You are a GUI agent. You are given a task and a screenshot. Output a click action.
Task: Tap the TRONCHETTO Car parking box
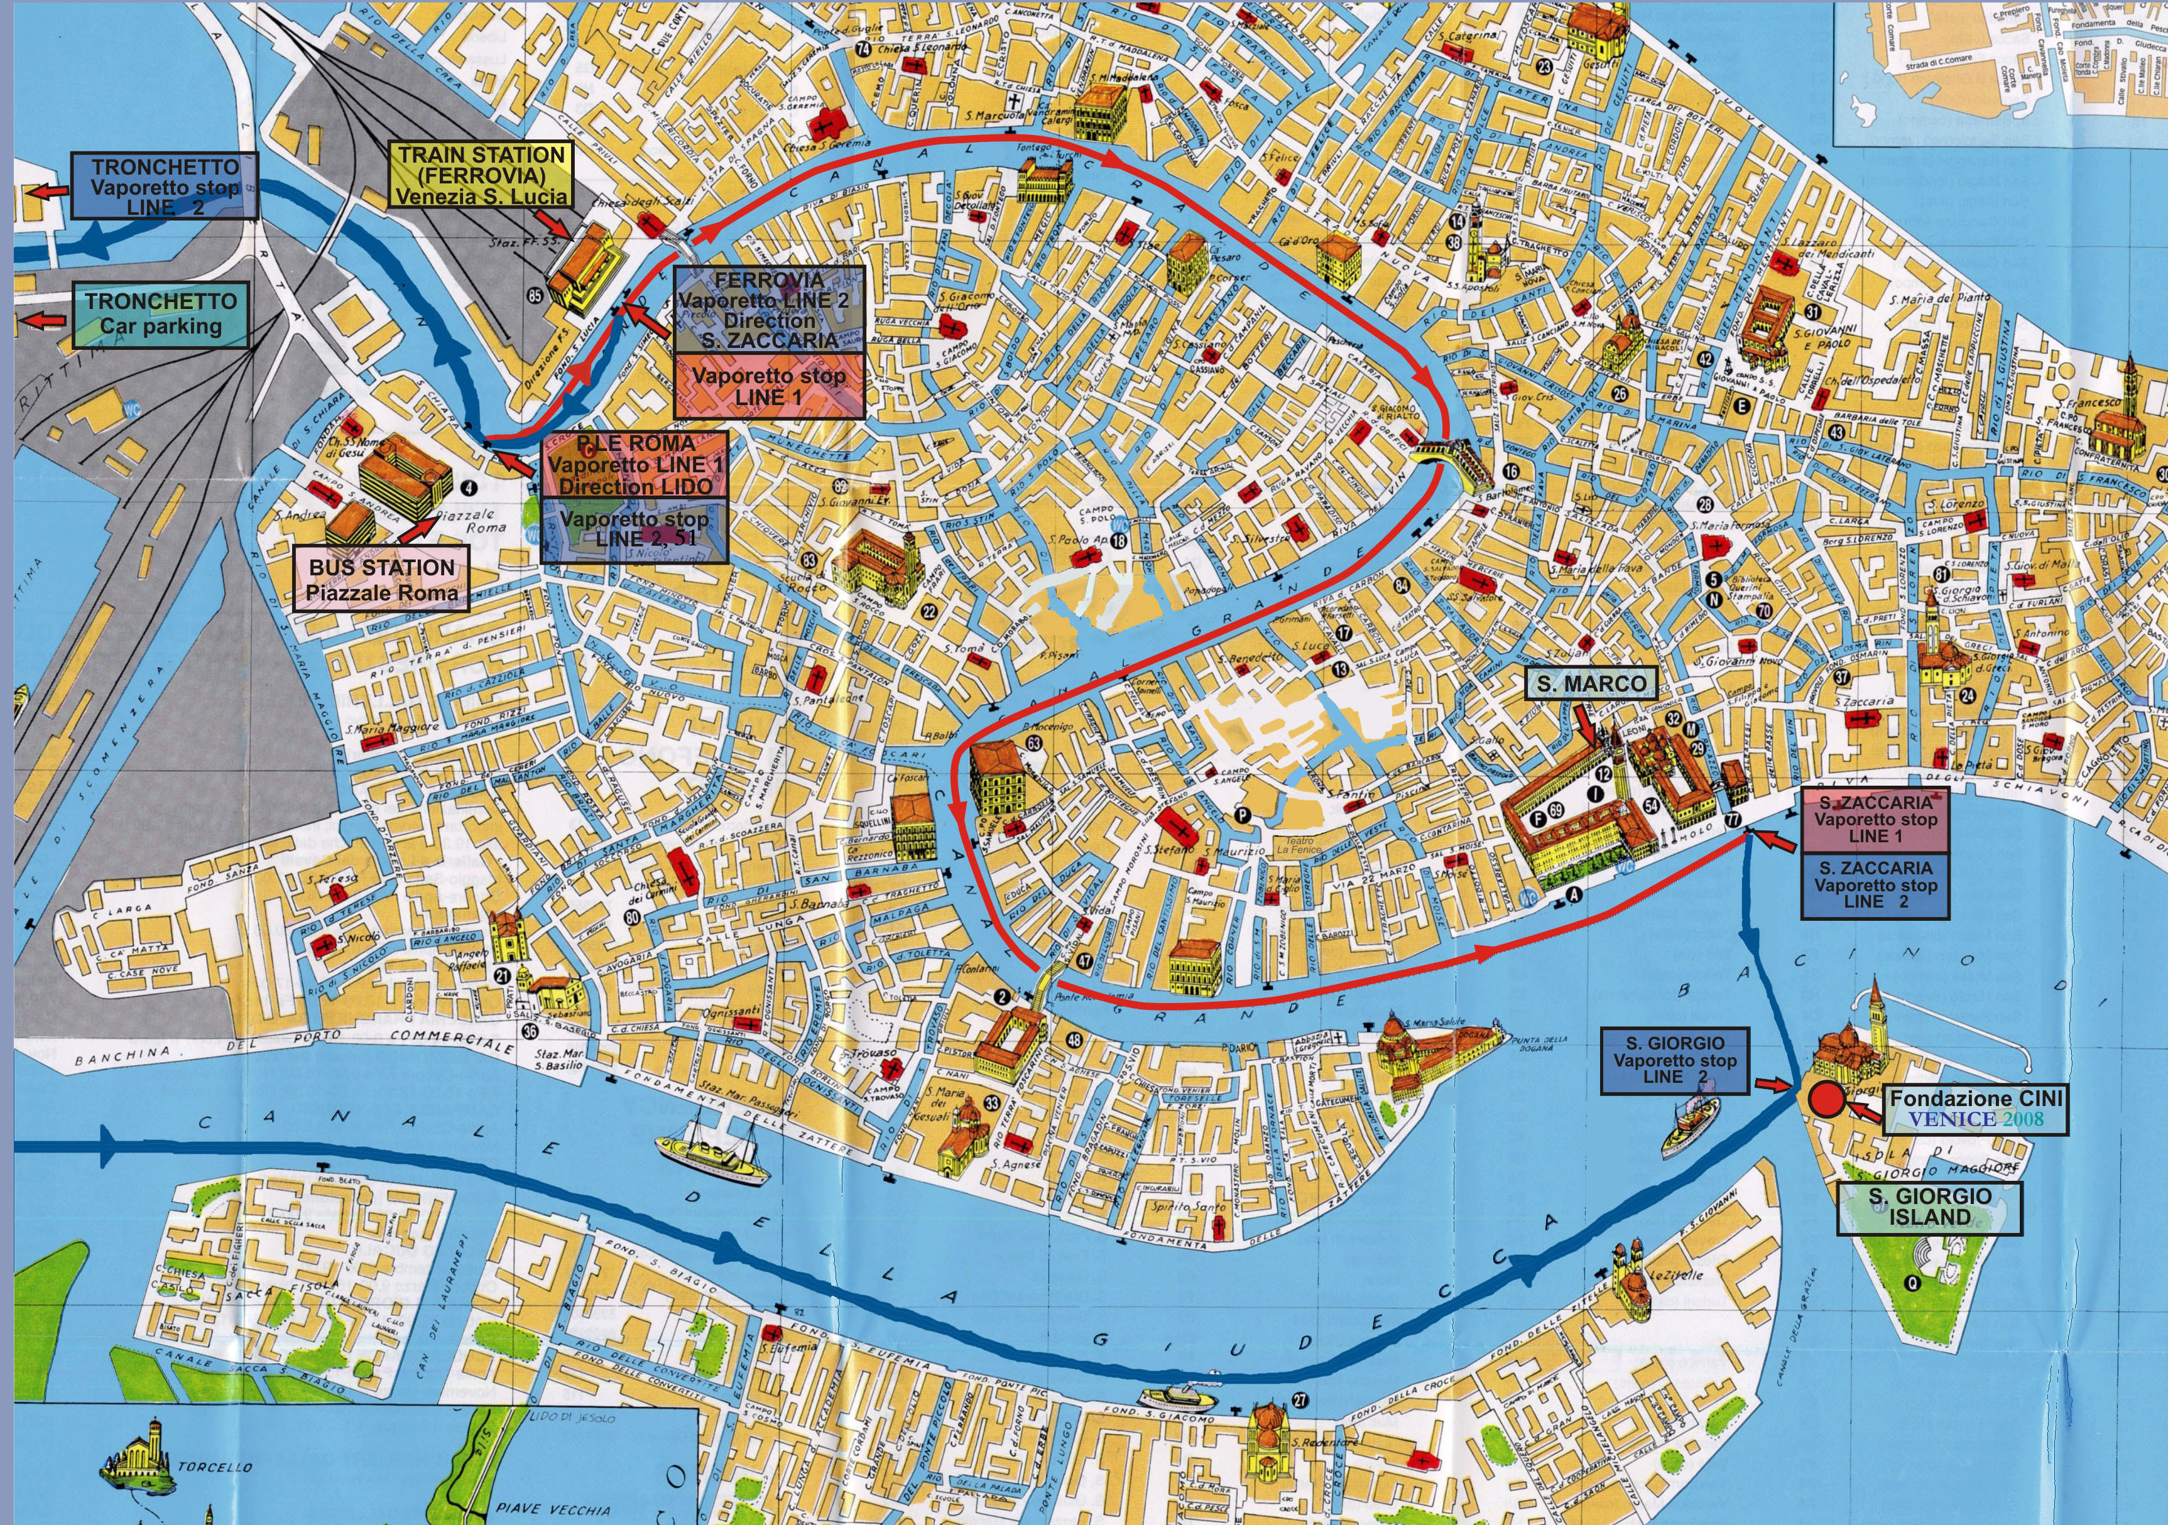pos(161,315)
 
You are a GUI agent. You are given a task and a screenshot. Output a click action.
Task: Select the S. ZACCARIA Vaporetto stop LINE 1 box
pos(1875,818)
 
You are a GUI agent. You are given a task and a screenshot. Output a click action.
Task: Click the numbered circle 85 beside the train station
pos(535,296)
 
